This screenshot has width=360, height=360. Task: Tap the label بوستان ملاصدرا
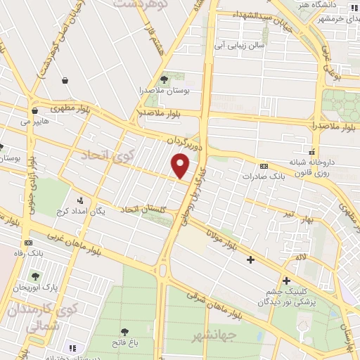165,91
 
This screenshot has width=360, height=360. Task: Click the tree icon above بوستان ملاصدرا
165,80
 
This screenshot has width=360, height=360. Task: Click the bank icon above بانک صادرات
264,166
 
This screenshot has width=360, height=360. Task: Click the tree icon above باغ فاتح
124,331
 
